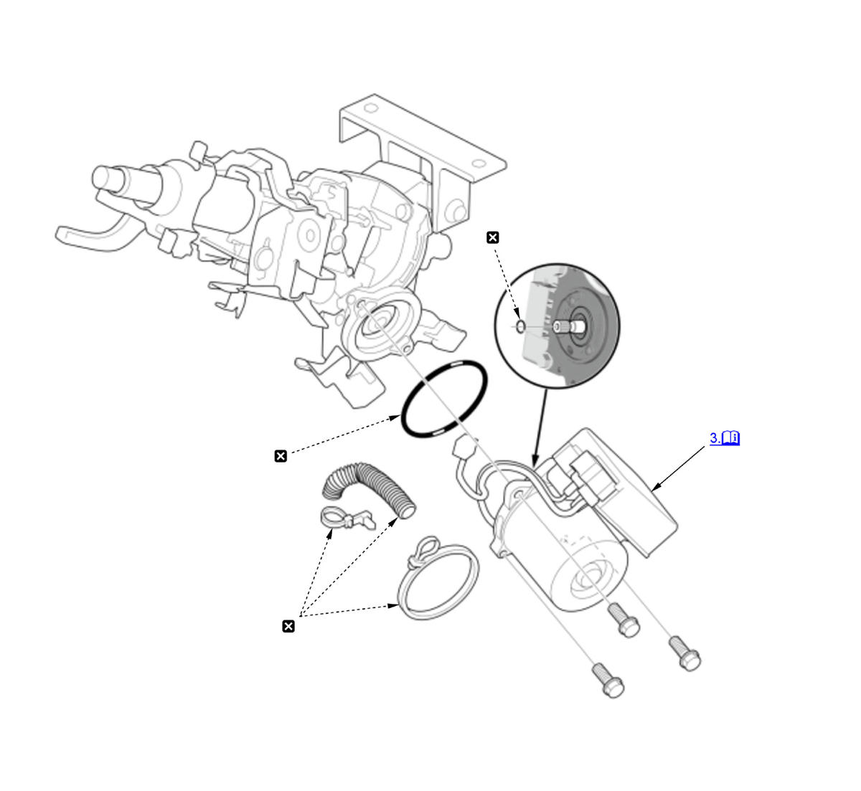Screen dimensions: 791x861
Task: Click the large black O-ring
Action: pyautogui.click(x=406, y=422)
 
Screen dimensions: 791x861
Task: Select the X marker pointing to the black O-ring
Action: pyautogui.click(x=281, y=455)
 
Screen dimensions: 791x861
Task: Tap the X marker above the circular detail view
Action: pyautogui.click(x=492, y=237)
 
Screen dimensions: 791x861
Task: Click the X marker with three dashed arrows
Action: pyautogui.click(x=288, y=627)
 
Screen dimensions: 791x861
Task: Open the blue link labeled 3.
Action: pyautogui.click(x=715, y=438)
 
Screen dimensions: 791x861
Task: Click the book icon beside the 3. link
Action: pyautogui.click(x=730, y=438)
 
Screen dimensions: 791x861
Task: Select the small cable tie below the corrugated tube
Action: pyautogui.click(x=344, y=518)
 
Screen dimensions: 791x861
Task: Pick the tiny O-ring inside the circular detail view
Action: pyautogui.click(x=520, y=327)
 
